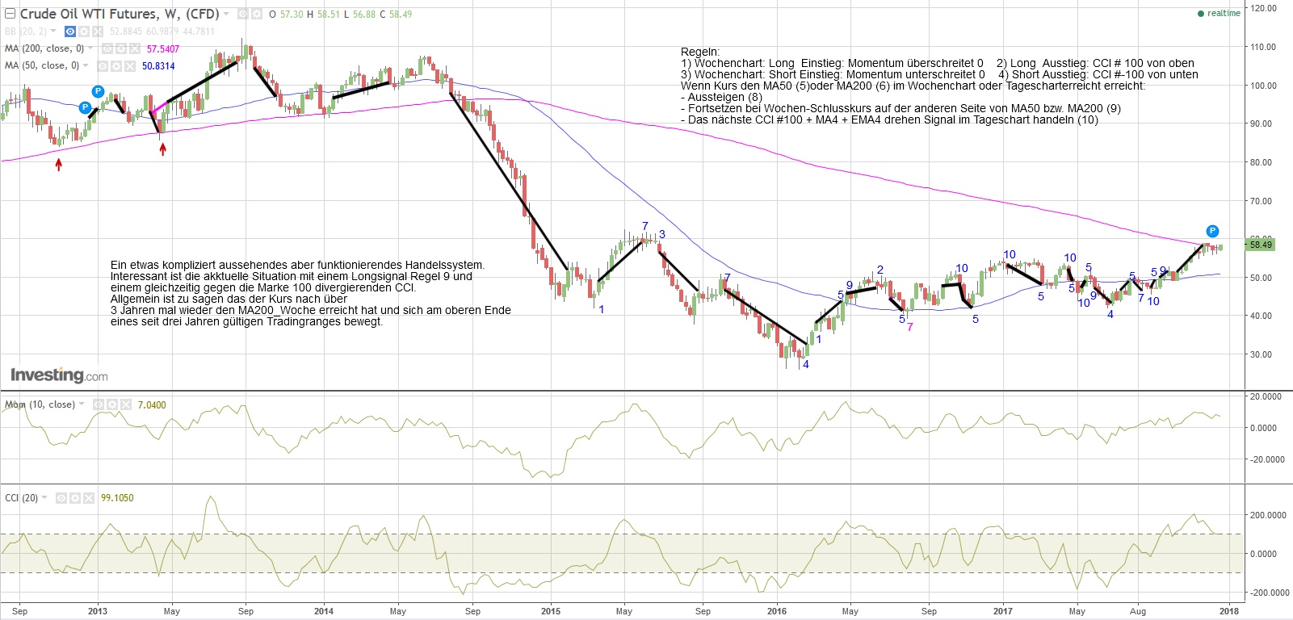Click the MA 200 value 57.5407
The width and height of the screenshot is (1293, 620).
click(x=162, y=49)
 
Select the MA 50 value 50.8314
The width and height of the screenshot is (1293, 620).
click(x=158, y=66)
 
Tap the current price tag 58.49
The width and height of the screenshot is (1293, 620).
click(x=1260, y=245)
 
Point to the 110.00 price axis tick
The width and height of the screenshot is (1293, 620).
click(x=1262, y=47)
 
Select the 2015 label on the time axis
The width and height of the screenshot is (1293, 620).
click(x=550, y=611)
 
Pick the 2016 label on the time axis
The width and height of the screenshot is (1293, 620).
click(x=776, y=611)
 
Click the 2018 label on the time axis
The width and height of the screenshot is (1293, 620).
click(x=1229, y=611)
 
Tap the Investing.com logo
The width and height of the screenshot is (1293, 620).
click(x=58, y=375)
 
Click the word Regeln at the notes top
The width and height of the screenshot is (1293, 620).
click(x=699, y=52)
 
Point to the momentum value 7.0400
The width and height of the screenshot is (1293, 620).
click(x=152, y=405)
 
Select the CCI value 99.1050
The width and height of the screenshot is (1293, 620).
click(x=117, y=498)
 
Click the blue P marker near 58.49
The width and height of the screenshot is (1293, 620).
click(x=1212, y=231)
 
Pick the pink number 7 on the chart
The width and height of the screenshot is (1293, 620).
click(x=910, y=327)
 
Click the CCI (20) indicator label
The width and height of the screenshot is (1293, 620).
click(x=21, y=498)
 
